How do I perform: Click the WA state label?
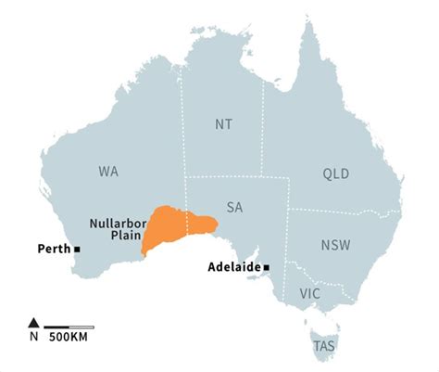pyautogui.click(x=108, y=172)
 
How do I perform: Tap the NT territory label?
pyautogui.click(x=223, y=122)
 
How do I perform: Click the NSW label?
pyautogui.click(x=335, y=246)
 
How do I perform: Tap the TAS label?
pyautogui.click(x=324, y=346)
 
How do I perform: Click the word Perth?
pyautogui.click(x=53, y=250)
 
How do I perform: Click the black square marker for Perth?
pyautogui.click(x=78, y=250)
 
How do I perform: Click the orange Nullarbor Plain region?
pyautogui.click(x=171, y=227)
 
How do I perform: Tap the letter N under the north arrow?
pyautogui.click(x=34, y=337)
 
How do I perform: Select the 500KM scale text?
pyautogui.click(x=69, y=338)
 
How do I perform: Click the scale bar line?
pyautogui.click(x=69, y=326)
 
